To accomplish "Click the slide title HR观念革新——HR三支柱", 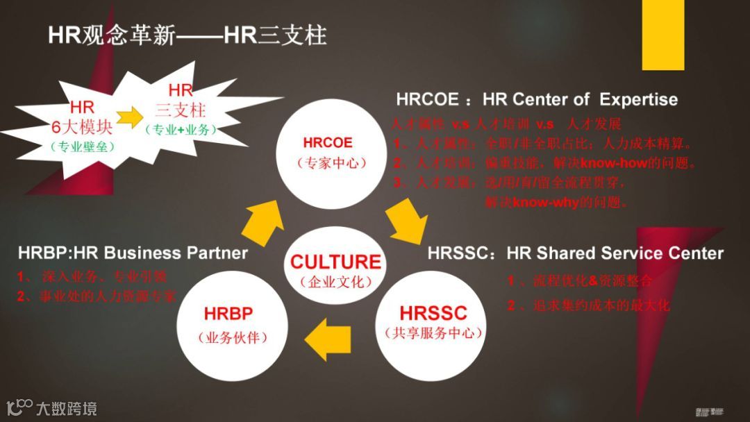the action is pos(187,35).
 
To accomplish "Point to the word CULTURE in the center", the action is pos(335,262).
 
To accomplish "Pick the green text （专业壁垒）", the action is pos(82,146).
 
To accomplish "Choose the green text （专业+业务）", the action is pos(181,130).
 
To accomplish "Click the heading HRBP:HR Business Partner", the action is pos(133,252).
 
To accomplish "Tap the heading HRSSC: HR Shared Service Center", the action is pos(575,253).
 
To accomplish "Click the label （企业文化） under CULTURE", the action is pos(335,282).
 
